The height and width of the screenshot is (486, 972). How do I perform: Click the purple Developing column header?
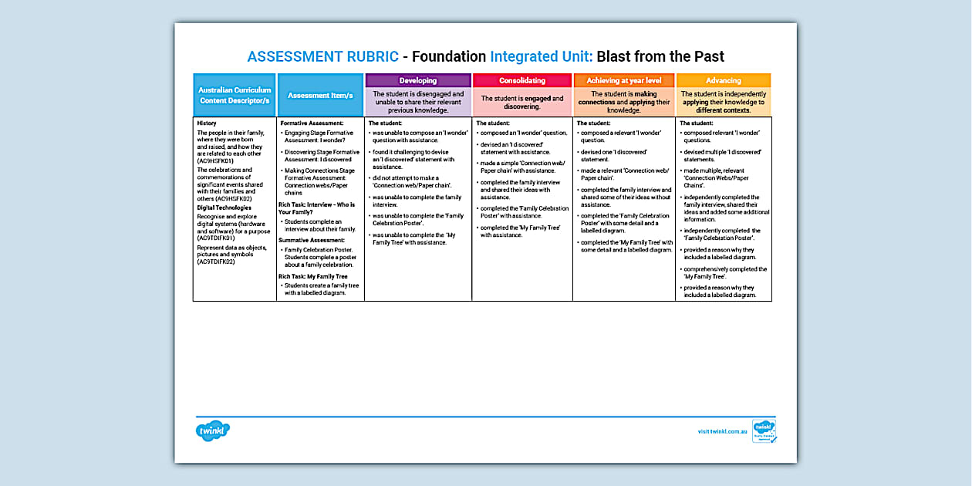tap(417, 80)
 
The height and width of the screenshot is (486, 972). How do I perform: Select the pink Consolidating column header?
tap(522, 80)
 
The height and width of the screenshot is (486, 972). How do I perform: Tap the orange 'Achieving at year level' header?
tap(624, 80)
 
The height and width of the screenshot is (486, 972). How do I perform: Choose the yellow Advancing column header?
tap(723, 80)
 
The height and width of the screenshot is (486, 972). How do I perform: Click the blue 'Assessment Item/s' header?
tap(320, 95)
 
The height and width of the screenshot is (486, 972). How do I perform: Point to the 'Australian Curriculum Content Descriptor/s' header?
tap(235, 95)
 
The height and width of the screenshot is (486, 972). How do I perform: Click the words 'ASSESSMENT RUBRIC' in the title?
tap(322, 56)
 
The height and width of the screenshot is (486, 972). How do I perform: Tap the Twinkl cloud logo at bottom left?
tap(213, 431)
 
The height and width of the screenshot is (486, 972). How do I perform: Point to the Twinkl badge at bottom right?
tap(764, 431)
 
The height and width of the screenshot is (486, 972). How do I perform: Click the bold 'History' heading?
tap(207, 123)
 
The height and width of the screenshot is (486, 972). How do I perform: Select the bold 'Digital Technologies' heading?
tap(224, 208)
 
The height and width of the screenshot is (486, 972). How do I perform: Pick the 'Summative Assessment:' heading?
tap(312, 241)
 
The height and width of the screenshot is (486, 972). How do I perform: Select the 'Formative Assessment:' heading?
tap(312, 123)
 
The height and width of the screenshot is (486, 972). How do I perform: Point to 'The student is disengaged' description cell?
tap(417, 102)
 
